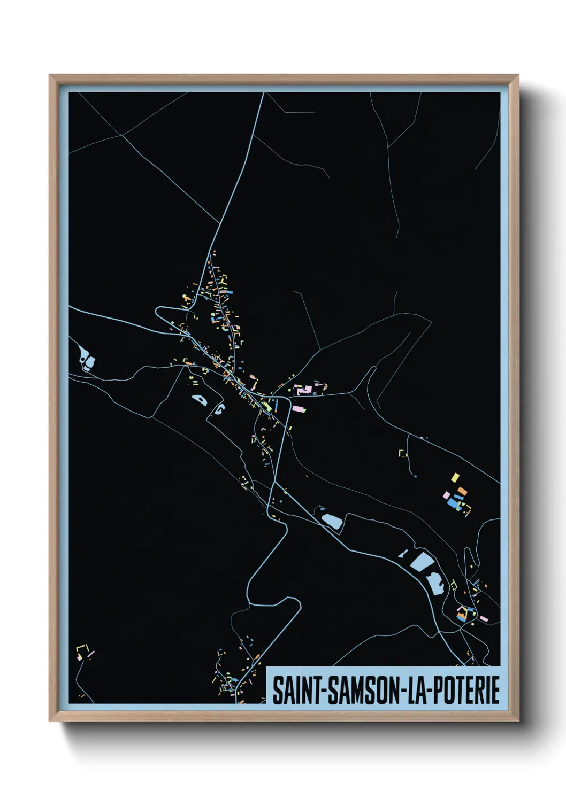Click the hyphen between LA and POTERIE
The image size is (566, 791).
(x=427, y=691)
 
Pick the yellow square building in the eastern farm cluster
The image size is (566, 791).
(x=455, y=477)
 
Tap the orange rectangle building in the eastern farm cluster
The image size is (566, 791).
(x=462, y=491)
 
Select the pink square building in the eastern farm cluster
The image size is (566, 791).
(x=446, y=495)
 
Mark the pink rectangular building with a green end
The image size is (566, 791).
(x=299, y=409)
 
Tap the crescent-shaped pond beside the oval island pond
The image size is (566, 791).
(x=219, y=410)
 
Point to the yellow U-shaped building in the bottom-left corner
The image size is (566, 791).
(x=82, y=649)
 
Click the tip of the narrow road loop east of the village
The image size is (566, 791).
(x=371, y=369)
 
